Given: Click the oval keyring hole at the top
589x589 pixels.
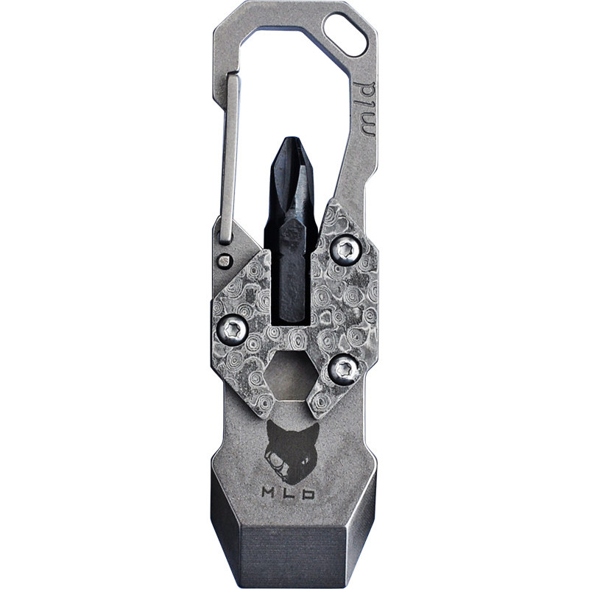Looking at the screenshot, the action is point(345,35).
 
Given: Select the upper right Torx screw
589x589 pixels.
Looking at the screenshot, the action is point(346,250).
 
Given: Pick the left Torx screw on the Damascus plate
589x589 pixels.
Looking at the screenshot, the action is point(233,329).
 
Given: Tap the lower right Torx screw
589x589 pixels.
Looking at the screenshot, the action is point(344,370).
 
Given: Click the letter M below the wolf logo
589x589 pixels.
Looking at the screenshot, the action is point(269,493).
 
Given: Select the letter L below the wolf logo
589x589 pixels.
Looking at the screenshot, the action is point(289,493).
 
